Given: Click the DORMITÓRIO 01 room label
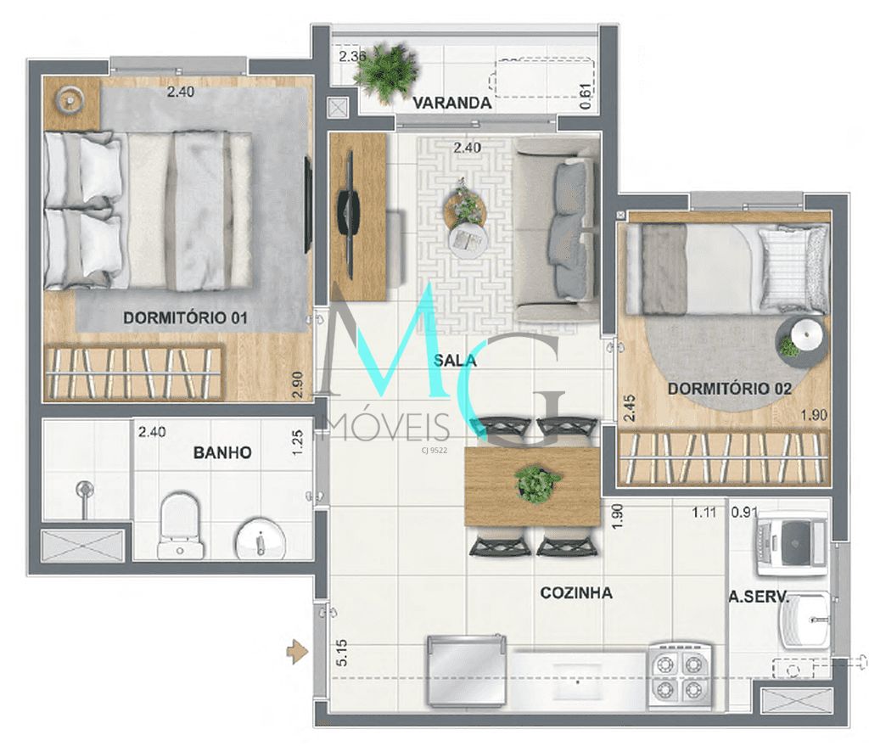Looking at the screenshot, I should pyautogui.click(x=185, y=318).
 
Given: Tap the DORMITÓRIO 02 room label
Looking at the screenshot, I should pyautogui.click(x=729, y=389).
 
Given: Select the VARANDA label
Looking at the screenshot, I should pyautogui.click(x=451, y=104).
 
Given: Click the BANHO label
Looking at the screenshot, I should pyautogui.click(x=222, y=452).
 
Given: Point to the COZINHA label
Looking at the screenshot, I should pyautogui.click(x=576, y=592).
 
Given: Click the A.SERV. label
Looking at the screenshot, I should pyautogui.click(x=759, y=597).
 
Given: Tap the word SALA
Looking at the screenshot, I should pyautogui.click(x=455, y=360).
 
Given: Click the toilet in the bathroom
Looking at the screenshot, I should pyautogui.click(x=180, y=526).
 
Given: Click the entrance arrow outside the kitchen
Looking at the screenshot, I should pyautogui.click(x=296, y=652).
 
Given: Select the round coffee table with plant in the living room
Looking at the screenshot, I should pyautogui.click(x=465, y=206).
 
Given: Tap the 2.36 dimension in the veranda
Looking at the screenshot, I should pyautogui.click(x=352, y=57).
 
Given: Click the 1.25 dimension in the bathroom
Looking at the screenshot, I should pyautogui.click(x=297, y=441).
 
